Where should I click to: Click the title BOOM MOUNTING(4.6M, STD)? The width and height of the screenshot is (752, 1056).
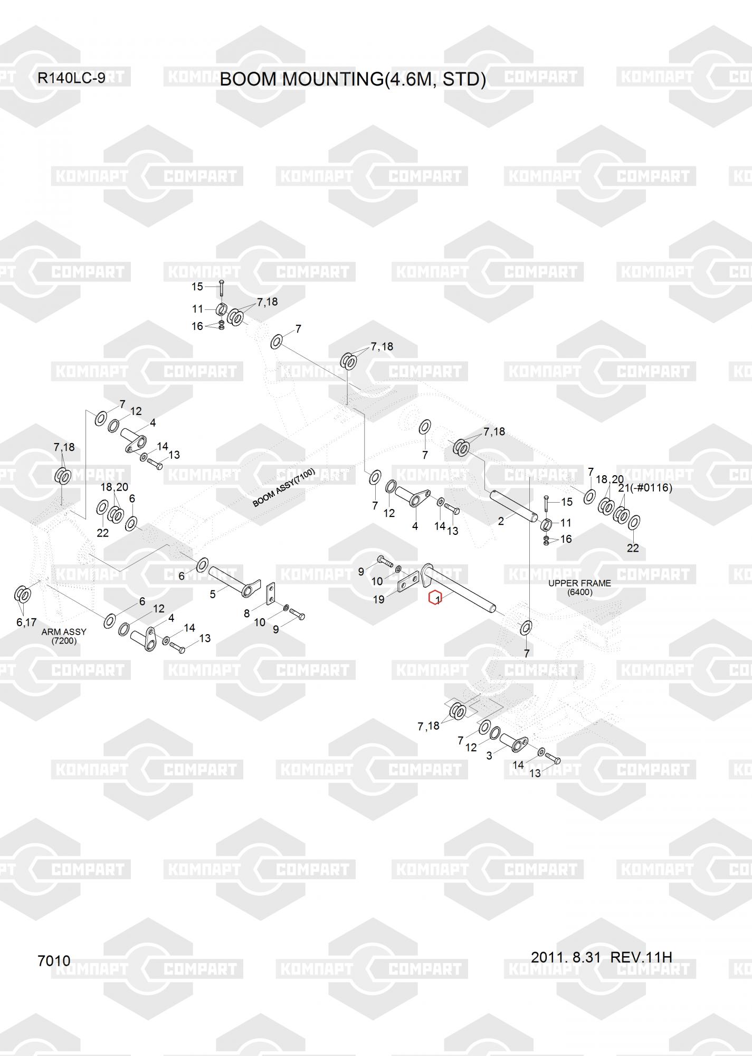pos(353,79)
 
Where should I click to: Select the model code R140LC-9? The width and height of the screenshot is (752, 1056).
pos(71,78)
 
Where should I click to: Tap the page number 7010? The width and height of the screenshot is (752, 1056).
pos(54,960)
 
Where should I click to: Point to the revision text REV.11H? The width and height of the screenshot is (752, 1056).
pos(641,957)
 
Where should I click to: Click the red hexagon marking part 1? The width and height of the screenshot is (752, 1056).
pos(435,599)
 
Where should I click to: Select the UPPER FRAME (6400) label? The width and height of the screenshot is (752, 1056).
pos(579,587)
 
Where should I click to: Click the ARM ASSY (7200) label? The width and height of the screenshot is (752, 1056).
pos(64,636)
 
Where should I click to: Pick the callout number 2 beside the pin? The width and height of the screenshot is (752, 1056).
pos(501,521)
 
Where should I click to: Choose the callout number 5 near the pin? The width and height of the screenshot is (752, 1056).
pos(213,594)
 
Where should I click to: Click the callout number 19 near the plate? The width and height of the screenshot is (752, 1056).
pos(378,600)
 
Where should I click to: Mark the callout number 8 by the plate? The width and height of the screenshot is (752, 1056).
pos(246,614)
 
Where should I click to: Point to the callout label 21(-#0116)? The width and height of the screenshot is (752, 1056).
pos(645,487)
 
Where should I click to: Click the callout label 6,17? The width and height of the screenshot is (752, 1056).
pos(26,622)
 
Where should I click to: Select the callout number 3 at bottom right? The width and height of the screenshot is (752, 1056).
pos(489,756)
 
